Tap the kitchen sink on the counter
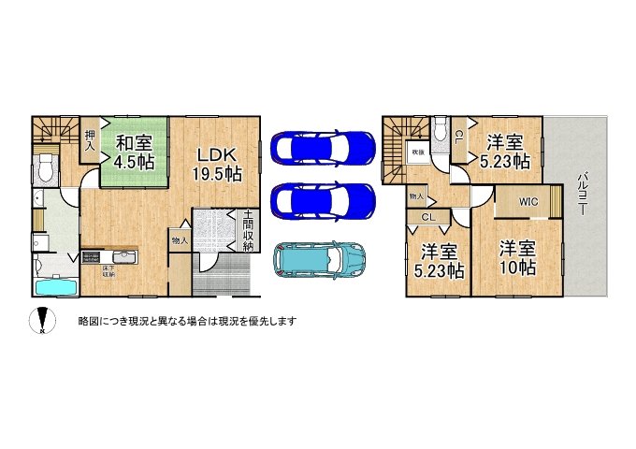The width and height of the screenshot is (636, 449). [122, 257]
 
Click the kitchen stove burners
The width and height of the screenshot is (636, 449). [93, 257]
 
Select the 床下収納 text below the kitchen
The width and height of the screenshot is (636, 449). [109, 272]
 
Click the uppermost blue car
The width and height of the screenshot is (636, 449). [320, 148]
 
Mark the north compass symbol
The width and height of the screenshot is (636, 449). [42, 321]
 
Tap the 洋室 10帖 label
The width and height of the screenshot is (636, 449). [517, 257]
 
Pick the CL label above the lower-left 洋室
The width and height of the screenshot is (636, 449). [427, 217]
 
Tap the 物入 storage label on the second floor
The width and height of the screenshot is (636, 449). [416, 196]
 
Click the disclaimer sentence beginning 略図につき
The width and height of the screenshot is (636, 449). [188, 321]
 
